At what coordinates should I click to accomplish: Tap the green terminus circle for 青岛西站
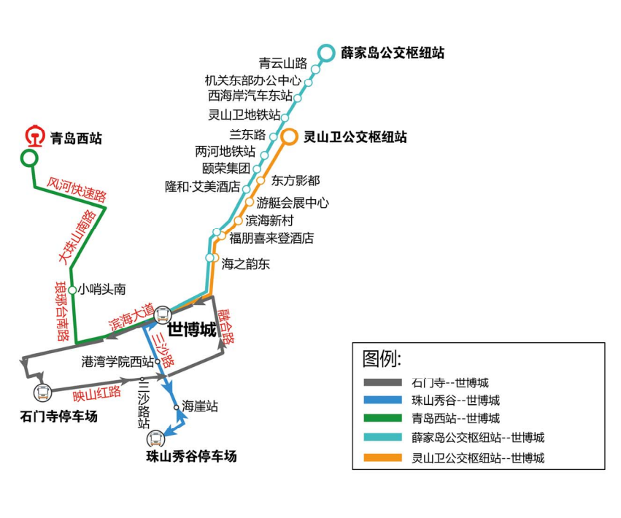pyautogui.click(x=29, y=158)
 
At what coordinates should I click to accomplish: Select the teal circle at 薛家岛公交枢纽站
pyautogui.click(x=326, y=53)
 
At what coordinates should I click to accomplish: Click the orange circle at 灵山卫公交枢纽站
pyautogui.click(x=290, y=136)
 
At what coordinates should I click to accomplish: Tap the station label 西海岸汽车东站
pyautogui.click(x=250, y=96)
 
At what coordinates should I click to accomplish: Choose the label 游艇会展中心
pyautogui.click(x=292, y=203)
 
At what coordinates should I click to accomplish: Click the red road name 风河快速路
pyautogui.click(x=77, y=187)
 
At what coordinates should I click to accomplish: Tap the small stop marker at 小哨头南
pyautogui.click(x=72, y=290)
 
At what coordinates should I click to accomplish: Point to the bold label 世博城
pyautogui.click(x=192, y=330)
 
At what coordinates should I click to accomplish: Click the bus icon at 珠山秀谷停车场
pyautogui.click(x=155, y=438)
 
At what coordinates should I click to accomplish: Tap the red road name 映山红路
pyautogui.click(x=96, y=393)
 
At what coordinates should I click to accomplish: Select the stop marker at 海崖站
pyautogui.click(x=177, y=408)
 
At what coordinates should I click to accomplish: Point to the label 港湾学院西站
pyautogui.click(x=117, y=361)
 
